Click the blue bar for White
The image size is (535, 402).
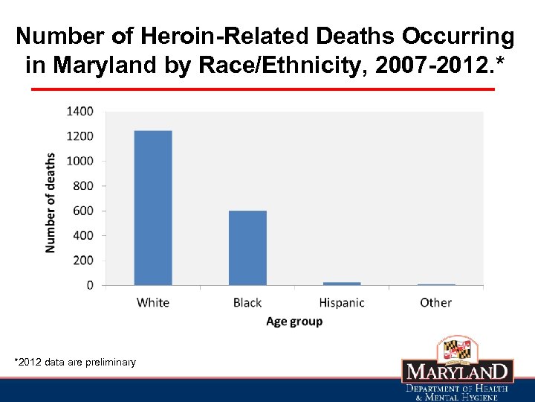point(153,208)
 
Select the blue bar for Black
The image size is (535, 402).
point(247,247)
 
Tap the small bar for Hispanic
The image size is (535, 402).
point(342,283)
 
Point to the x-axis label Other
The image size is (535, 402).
point(435,302)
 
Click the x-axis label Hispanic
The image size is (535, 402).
point(342,302)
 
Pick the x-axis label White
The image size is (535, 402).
point(153,302)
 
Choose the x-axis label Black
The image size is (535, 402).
point(247,302)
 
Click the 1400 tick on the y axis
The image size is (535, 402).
point(80,112)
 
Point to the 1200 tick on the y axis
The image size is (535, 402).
point(80,136)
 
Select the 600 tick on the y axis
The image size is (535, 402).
point(83,211)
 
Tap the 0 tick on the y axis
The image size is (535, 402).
point(90,285)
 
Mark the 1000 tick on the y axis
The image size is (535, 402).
point(80,161)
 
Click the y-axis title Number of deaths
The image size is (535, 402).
point(51,202)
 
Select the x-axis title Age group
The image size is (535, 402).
point(294,322)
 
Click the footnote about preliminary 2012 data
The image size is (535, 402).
point(75,363)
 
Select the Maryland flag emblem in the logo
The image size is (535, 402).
point(457,349)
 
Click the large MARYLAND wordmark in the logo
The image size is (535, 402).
point(457,371)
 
